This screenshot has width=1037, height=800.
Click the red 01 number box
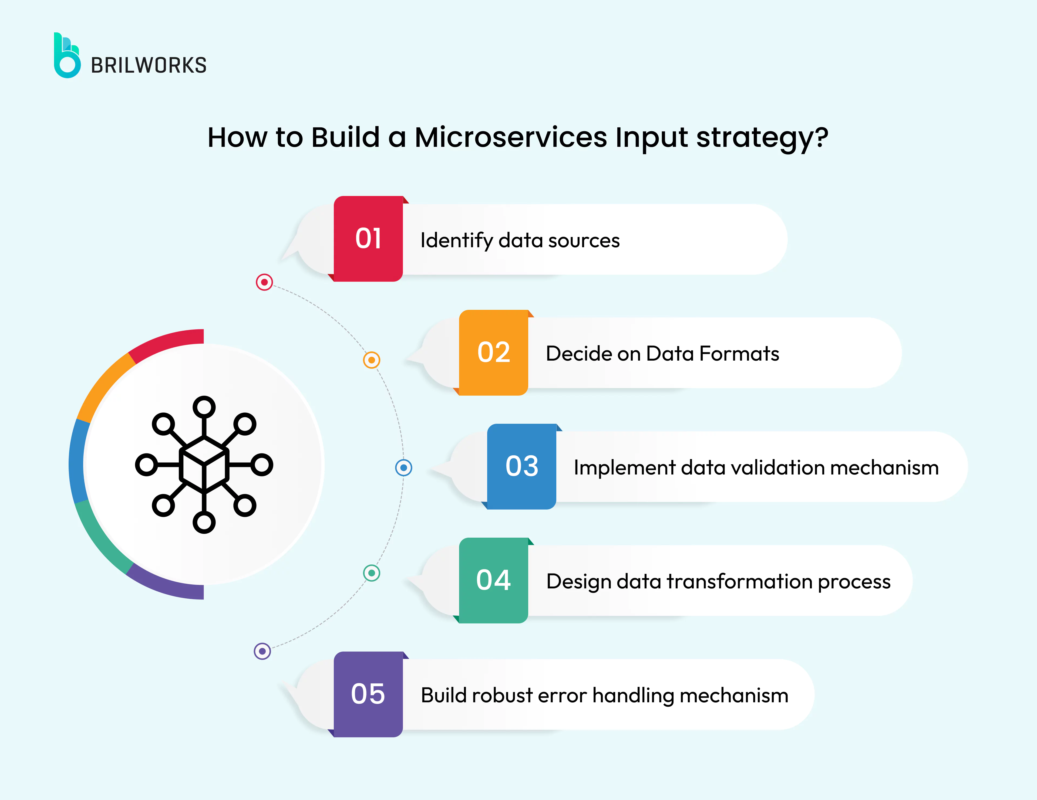tap(368, 239)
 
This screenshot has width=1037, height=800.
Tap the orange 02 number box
tap(493, 352)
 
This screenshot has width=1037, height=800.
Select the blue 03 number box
tap(521, 466)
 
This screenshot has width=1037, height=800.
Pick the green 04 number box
tap(493, 580)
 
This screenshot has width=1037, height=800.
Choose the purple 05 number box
tap(368, 694)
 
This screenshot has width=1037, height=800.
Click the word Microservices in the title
tap(510, 138)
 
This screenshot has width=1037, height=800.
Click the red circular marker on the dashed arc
tap(264, 282)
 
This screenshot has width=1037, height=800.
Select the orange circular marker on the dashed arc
tap(371, 360)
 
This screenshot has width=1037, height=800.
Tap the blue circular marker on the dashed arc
tap(404, 468)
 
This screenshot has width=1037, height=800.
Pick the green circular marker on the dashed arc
tap(371, 573)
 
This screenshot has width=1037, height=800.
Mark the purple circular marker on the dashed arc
tap(262, 651)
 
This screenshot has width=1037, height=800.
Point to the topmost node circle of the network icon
tap(204, 407)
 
